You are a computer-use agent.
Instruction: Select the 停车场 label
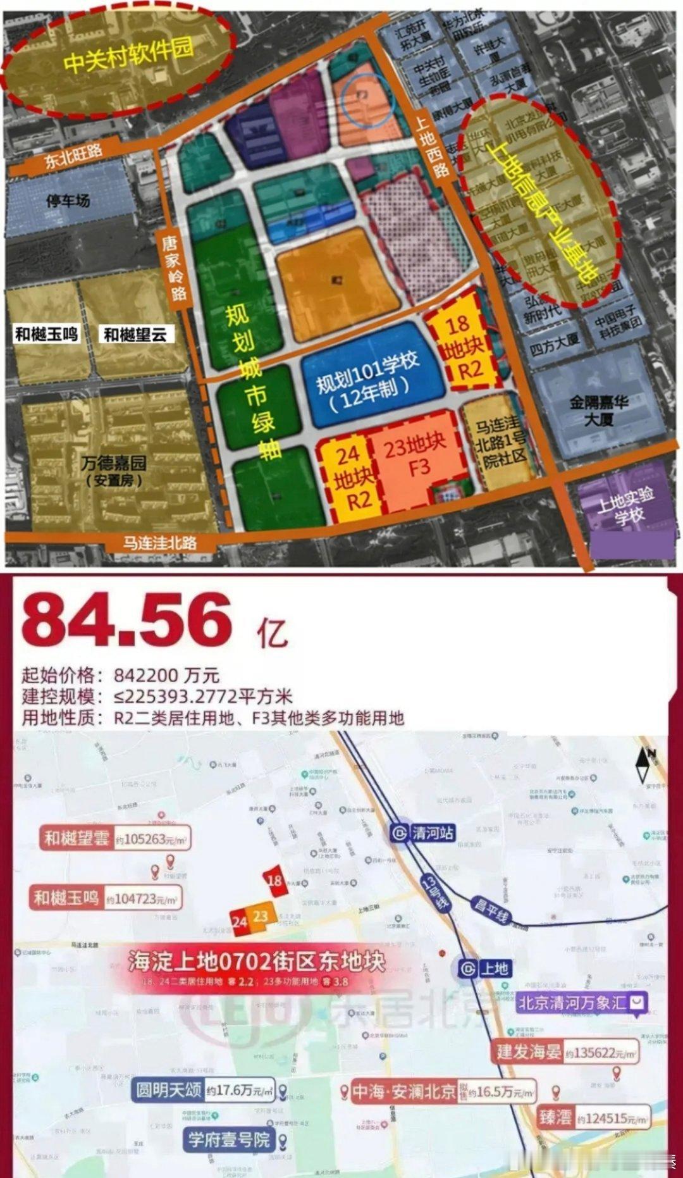68,201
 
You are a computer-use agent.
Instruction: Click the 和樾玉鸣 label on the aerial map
47,334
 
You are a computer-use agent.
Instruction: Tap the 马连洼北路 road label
159,543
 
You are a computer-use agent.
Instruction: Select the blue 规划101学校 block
369,378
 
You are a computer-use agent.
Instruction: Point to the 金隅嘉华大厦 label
598,410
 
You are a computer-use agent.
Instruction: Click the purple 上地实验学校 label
626,506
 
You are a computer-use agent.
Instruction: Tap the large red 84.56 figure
126,620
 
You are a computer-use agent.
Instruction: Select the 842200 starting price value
166,676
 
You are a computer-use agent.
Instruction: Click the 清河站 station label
423,833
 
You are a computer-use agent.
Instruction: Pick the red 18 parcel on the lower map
275,881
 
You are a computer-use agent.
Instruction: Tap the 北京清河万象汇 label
581,1003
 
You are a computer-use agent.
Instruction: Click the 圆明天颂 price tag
205,1090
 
